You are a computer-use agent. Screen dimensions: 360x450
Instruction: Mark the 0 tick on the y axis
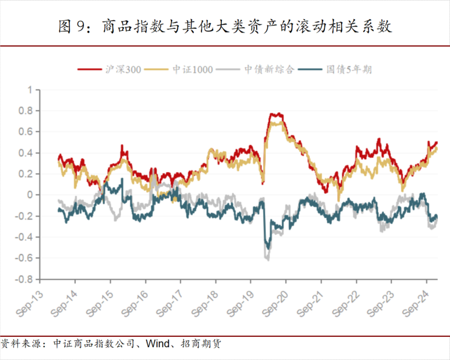(x=31, y=195)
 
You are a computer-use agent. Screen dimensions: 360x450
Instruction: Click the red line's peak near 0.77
(x=277, y=114)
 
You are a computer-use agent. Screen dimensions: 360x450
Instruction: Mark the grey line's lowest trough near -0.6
(x=267, y=259)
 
